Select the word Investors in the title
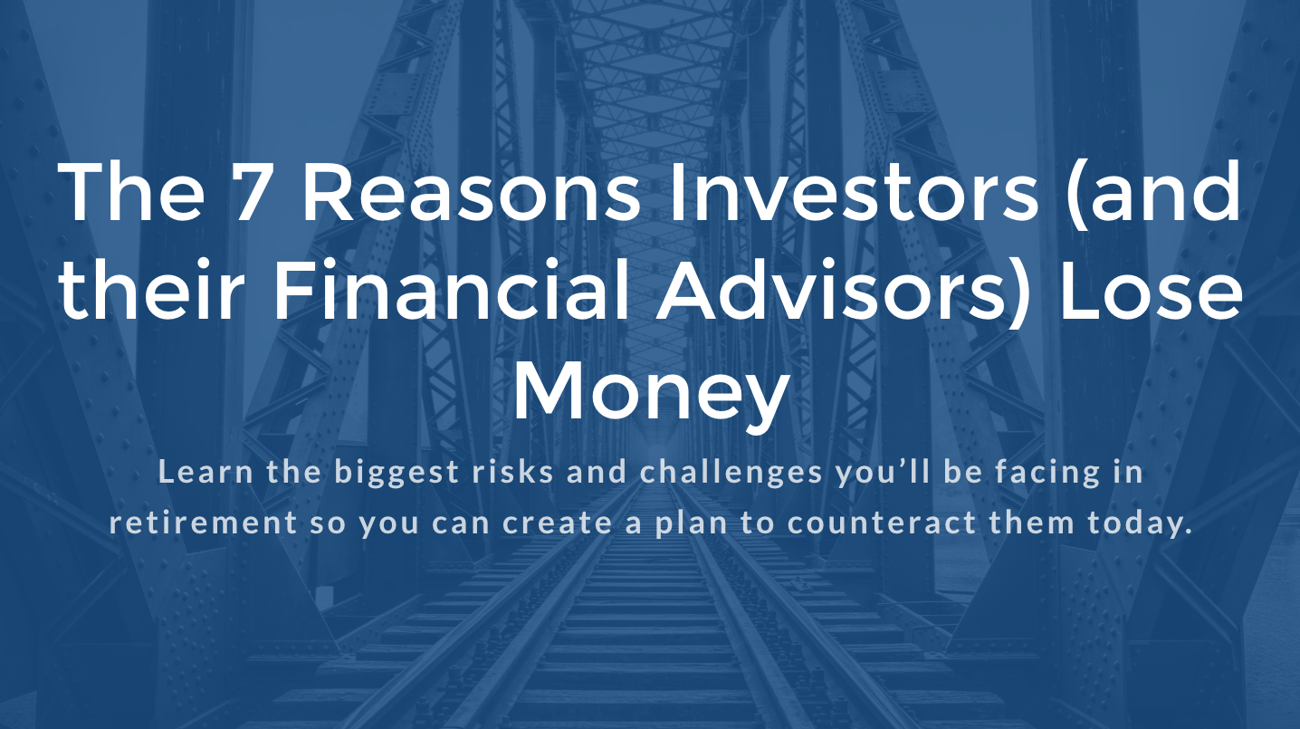pyautogui.click(x=853, y=193)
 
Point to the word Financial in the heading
pyautogui.click(x=451, y=289)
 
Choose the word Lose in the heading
pyautogui.click(x=1152, y=290)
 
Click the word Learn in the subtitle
pyautogui.click(x=206, y=471)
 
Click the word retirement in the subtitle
pyautogui.click(x=203, y=523)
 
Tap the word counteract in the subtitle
pyautogui.click(x=882, y=523)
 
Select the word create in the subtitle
pyautogui.click(x=557, y=523)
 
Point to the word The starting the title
pyautogui.click(x=130, y=193)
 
